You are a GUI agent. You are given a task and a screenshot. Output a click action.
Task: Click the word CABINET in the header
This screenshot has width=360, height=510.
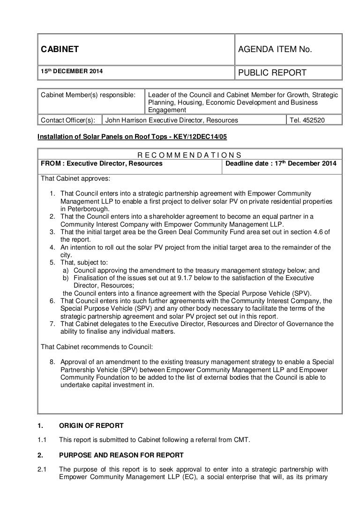point(59,49)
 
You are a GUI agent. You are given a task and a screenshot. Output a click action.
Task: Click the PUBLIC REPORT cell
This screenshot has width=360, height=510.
point(273,72)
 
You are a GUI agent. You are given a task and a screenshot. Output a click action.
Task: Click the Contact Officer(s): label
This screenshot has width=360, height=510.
point(67,120)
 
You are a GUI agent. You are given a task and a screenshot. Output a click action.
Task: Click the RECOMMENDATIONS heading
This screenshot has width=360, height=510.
point(189,155)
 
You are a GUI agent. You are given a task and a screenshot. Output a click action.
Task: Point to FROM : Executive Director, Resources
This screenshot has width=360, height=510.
point(102,163)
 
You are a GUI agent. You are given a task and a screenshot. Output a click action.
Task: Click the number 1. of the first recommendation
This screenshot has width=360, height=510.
point(52,193)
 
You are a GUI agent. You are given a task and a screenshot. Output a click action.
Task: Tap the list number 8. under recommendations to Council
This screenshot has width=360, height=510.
point(52,362)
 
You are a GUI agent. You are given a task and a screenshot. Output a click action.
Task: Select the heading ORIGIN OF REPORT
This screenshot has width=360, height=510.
point(91,426)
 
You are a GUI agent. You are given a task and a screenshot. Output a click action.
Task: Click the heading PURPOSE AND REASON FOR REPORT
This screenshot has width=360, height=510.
point(121,455)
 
